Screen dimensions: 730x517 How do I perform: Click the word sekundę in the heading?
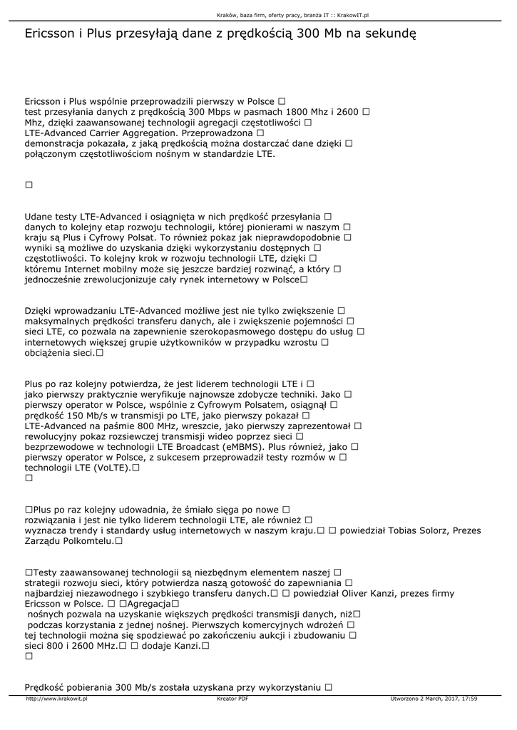(x=389, y=34)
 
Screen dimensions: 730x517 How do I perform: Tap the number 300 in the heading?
(x=307, y=34)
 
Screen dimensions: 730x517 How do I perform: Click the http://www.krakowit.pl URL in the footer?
(x=56, y=699)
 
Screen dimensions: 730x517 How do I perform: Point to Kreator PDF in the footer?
(x=232, y=699)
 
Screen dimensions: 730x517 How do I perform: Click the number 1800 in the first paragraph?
(x=297, y=112)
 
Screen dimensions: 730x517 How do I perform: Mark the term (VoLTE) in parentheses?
(x=108, y=468)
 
